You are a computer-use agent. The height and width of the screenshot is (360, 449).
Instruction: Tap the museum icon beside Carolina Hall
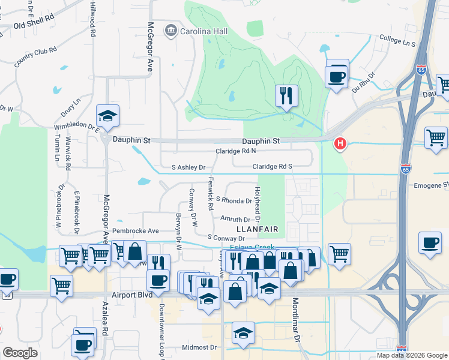(x=170, y=31)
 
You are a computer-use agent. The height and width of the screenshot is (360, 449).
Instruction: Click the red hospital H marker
(x=340, y=143)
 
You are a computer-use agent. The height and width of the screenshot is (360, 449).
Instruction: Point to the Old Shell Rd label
(x=34, y=25)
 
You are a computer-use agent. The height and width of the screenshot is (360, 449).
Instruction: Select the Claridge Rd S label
(x=272, y=166)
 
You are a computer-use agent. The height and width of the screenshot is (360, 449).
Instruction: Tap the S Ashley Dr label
(x=188, y=167)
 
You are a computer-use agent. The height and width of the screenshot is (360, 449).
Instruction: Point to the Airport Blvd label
(x=132, y=295)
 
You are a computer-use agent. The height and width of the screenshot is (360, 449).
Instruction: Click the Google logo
(x=20, y=353)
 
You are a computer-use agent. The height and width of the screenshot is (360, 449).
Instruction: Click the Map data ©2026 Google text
(x=412, y=355)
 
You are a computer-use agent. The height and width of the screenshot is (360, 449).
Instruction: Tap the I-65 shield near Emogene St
(x=405, y=169)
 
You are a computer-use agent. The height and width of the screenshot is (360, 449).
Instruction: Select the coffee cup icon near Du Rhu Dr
(x=336, y=76)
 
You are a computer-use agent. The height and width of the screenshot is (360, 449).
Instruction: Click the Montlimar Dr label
(x=297, y=319)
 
